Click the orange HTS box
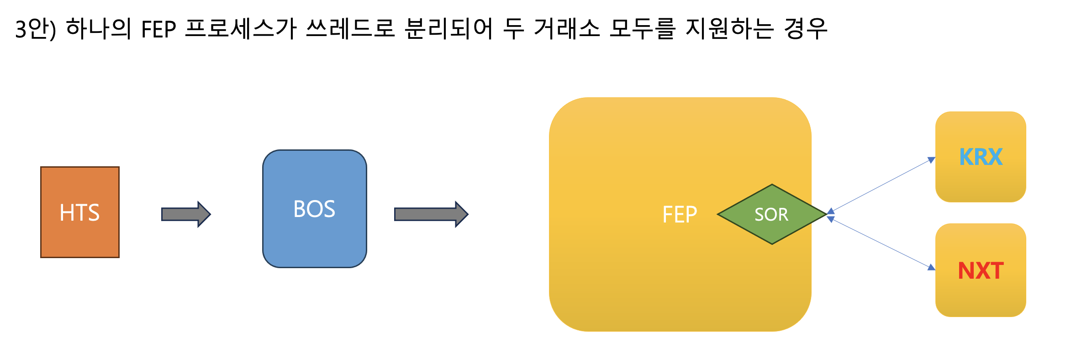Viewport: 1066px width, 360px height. coord(80,212)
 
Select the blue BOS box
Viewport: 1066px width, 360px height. coord(314,209)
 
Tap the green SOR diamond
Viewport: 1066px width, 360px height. coord(772,214)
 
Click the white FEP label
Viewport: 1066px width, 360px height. coord(680,214)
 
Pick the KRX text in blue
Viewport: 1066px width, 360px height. coord(981,157)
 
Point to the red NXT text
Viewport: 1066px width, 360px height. coord(981,270)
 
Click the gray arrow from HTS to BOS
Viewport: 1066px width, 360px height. coord(185,214)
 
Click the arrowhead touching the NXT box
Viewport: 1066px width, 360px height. coord(931,267)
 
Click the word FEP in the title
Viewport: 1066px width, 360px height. coord(158,29)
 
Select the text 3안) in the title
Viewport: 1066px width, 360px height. coord(36,28)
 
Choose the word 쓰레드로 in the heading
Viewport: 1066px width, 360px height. coord(350,28)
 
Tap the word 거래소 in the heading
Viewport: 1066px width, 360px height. coord(566,28)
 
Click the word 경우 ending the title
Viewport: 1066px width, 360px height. coord(806,28)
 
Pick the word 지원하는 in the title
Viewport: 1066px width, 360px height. coord(729,28)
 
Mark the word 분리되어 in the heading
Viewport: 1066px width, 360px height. coord(449,28)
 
